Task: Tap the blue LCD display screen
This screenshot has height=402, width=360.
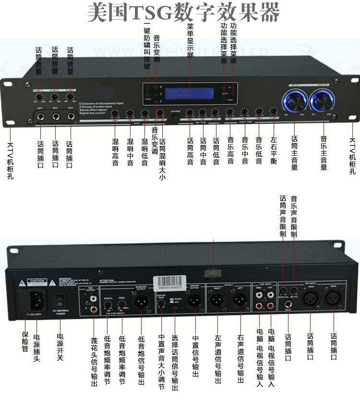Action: (185, 93)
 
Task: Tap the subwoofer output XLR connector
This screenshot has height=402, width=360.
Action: (142, 301)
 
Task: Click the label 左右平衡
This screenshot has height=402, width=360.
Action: (273, 151)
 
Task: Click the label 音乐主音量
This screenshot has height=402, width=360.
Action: (324, 154)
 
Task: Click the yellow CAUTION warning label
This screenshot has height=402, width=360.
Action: (37, 281)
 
